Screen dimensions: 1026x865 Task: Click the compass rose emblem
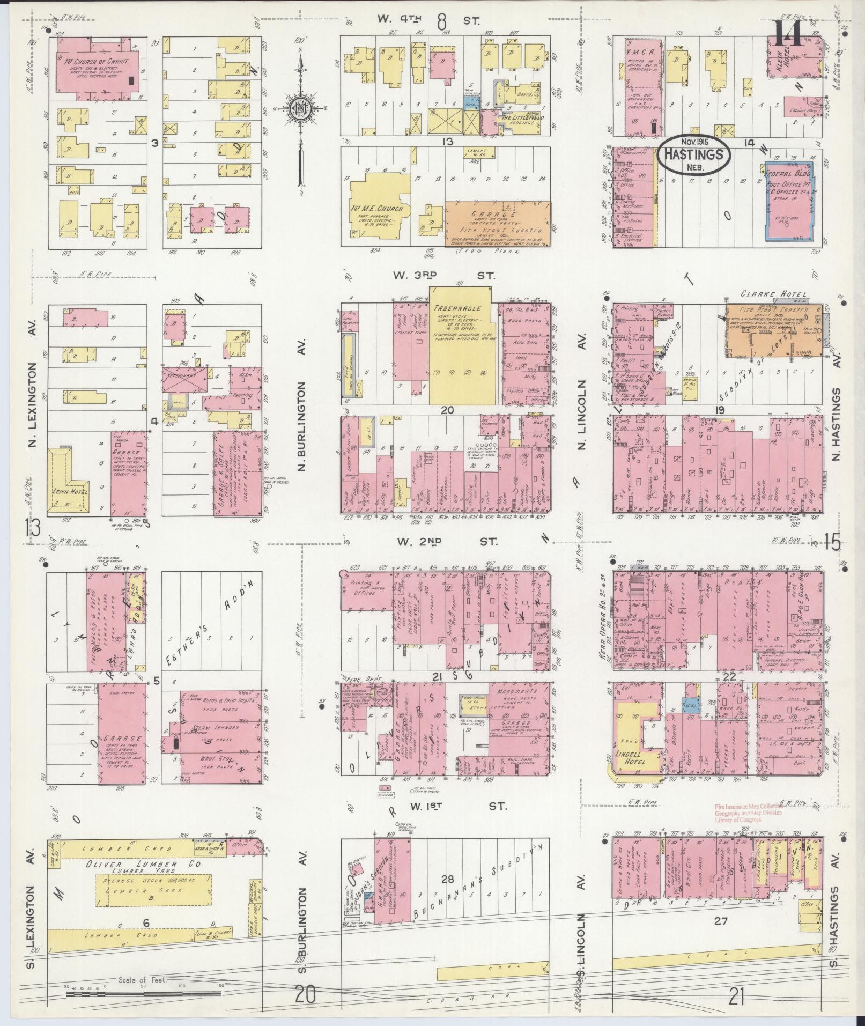[300, 108]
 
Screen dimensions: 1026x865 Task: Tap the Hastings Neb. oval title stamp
[695, 154]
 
